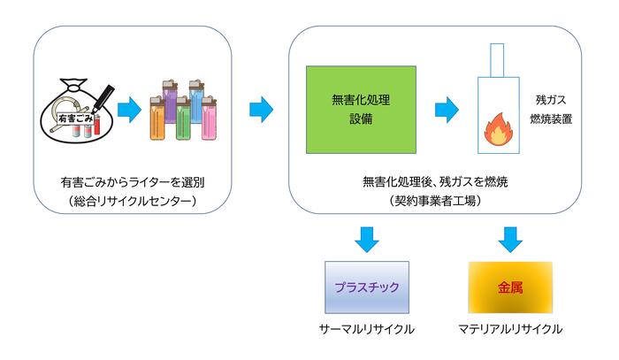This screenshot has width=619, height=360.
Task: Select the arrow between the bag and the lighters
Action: click(129, 111)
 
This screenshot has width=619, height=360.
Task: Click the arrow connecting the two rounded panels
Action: click(261, 111)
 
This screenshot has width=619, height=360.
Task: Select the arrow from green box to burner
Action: click(446, 111)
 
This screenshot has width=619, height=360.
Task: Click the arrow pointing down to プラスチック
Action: click(367, 238)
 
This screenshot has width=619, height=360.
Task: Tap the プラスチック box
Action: click(367, 287)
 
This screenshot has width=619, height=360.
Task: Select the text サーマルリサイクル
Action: click(367, 330)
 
